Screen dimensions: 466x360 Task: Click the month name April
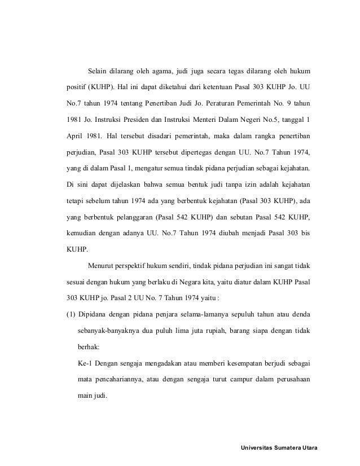click(x=72, y=137)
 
